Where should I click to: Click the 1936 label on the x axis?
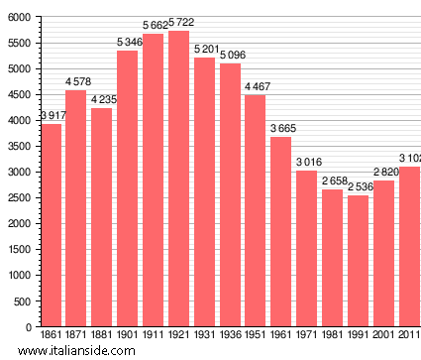(230, 337)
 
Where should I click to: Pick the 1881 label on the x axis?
(102, 337)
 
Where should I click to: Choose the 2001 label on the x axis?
(383, 337)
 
